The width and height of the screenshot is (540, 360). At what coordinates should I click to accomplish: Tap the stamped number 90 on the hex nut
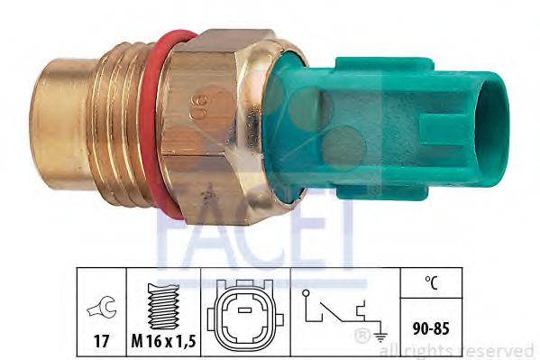pyautogui.click(x=200, y=106)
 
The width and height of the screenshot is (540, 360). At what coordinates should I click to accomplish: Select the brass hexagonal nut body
pyautogui.click(x=206, y=127)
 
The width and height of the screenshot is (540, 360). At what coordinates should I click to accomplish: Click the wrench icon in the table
pyautogui.click(x=102, y=308)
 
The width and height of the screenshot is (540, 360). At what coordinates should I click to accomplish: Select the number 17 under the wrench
pyautogui.click(x=102, y=341)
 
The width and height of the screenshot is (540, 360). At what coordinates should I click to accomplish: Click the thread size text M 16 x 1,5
pyautogui.click(x=163, y=341)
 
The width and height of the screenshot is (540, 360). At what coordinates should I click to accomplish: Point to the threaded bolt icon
pyautogui.click(x=163, y=306)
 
